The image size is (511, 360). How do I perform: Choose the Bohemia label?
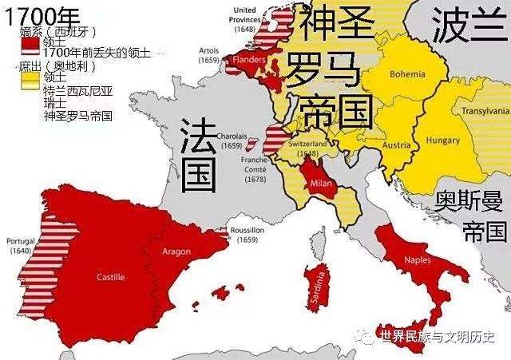click(408, 73)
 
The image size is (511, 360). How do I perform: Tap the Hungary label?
click(442, 140)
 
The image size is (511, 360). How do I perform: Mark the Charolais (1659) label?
click(230, 141)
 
